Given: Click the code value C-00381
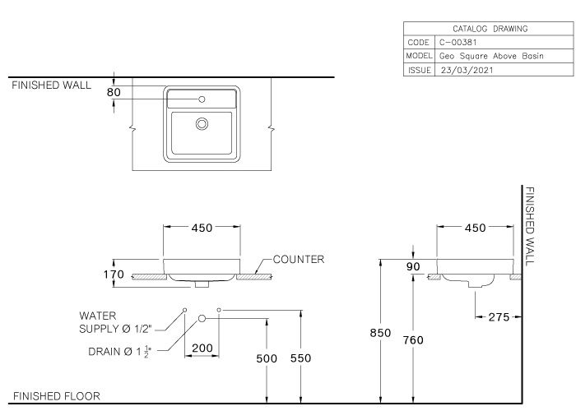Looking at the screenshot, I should point(458,42).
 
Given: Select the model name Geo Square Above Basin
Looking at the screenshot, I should point(491,56).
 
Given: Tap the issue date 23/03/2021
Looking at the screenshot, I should point(468,71).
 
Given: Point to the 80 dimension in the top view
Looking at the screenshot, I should point(114,93).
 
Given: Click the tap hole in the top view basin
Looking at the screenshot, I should point(202,99).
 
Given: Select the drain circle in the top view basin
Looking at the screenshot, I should point(202,124).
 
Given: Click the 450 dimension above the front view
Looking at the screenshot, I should point(202,228).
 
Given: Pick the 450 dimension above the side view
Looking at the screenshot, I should point(475,228).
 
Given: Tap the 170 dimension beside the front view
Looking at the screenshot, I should point(114,275).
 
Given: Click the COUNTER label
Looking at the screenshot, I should point(298,260).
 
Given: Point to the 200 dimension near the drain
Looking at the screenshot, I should point(202,348).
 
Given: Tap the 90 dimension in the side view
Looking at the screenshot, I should point(414,266).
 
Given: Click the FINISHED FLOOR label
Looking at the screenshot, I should point(56,396).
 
